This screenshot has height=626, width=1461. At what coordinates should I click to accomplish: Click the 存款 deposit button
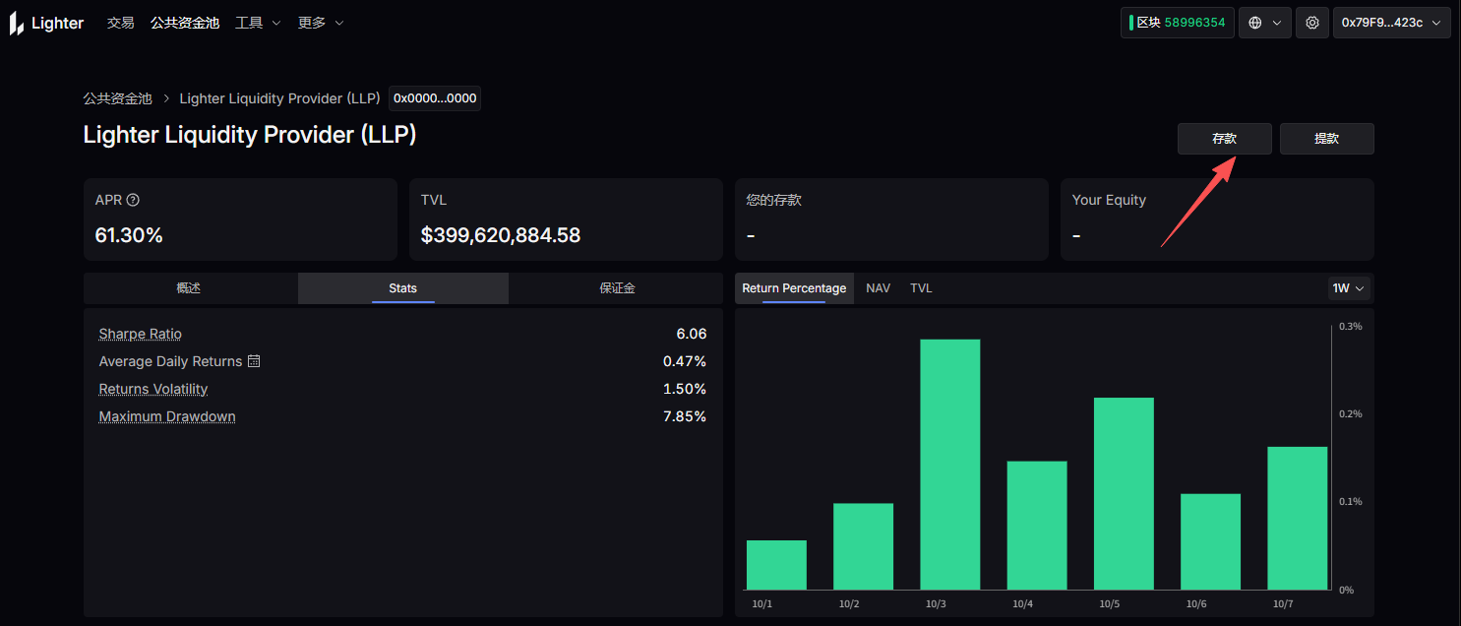tap(1224, 139)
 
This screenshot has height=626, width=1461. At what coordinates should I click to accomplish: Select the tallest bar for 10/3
tap(949, 464)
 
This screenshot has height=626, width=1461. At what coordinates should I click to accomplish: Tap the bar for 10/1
tap(776, 565)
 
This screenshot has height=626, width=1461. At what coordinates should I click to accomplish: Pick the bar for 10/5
tap(1124, 493)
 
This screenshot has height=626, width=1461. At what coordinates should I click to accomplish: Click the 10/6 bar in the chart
tap(1210, 541)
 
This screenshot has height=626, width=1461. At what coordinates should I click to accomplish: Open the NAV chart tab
tap(878, 288)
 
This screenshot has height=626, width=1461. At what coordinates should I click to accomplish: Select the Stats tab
tap(402, 288)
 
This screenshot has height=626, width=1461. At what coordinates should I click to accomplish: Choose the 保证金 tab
tap(617, 288)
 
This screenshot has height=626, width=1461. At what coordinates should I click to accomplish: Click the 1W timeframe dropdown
tap(1349, 288)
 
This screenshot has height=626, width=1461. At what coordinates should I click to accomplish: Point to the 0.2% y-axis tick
tap(1350, 413)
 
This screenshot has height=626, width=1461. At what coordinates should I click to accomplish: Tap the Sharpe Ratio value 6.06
tap(691, 334)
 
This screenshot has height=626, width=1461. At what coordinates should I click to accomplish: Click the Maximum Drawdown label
tap(167, 416)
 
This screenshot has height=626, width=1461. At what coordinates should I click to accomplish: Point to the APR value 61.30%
tap(129, 235)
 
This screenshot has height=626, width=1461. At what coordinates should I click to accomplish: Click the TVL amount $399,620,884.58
tap(500, 235)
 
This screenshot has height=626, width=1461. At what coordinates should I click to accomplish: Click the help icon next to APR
tap(134, 200)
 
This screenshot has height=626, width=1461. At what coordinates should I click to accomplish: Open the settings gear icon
tap(1311, 23)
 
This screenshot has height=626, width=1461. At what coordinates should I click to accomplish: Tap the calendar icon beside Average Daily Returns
tap(254, 361)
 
